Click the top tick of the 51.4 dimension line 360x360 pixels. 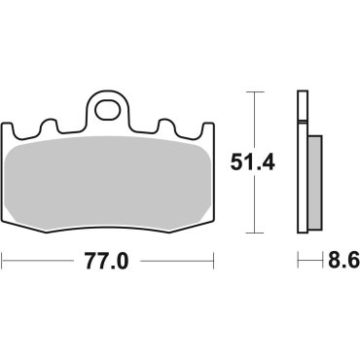[x=254, y=91]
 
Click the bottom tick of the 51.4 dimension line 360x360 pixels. [x=254, y=233]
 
